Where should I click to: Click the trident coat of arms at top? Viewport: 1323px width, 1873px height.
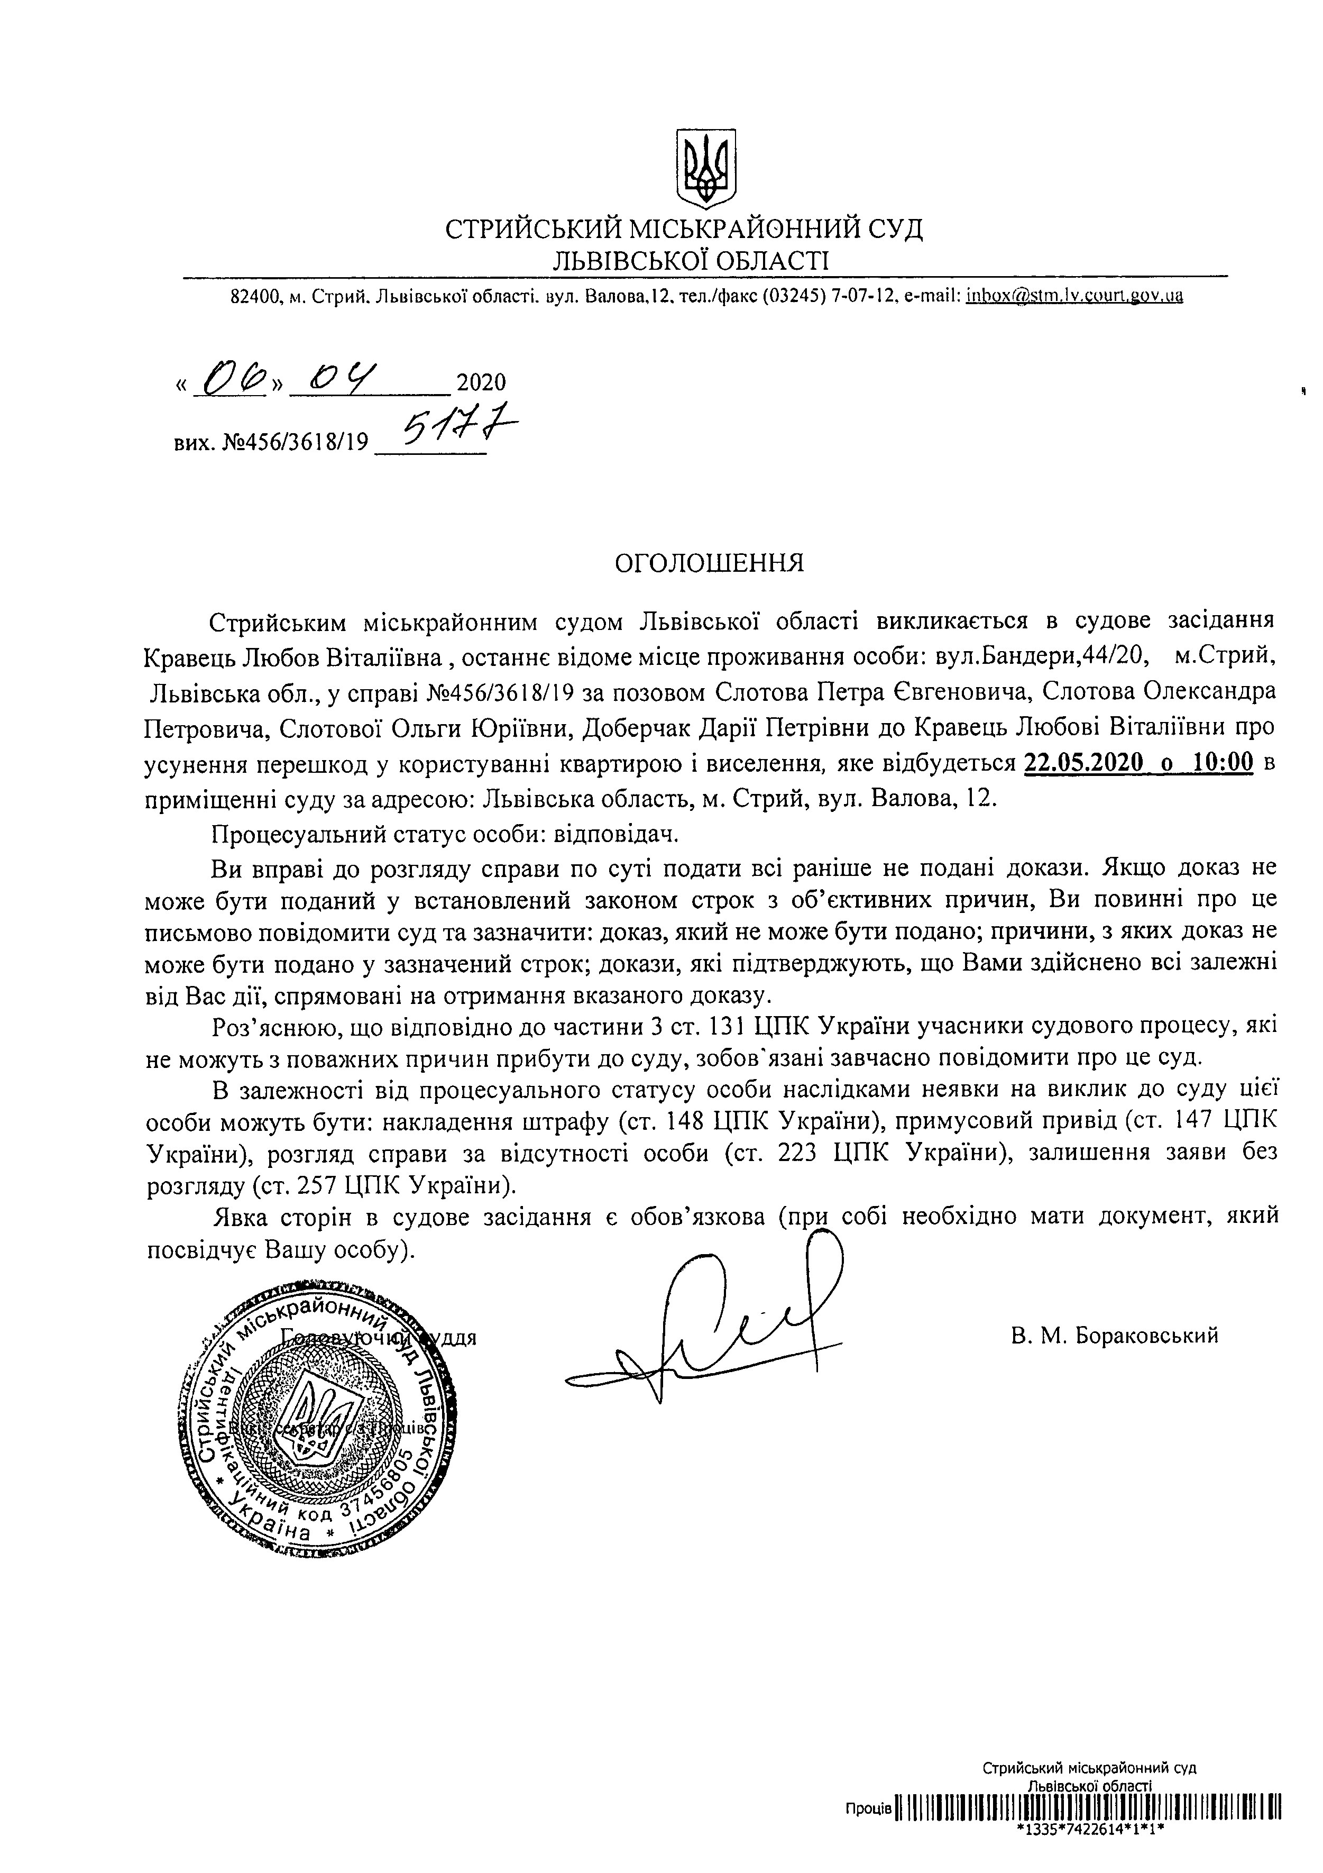coord(707,167)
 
